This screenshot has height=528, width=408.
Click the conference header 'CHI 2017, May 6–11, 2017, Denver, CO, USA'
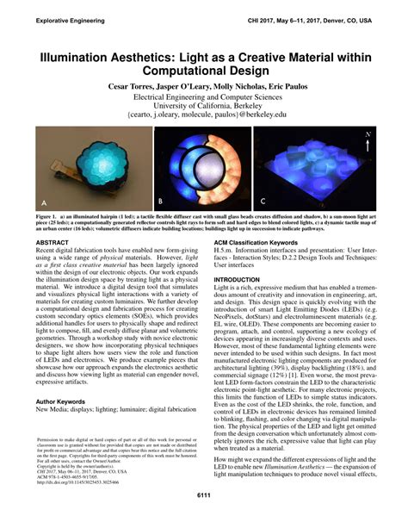[329, 19]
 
